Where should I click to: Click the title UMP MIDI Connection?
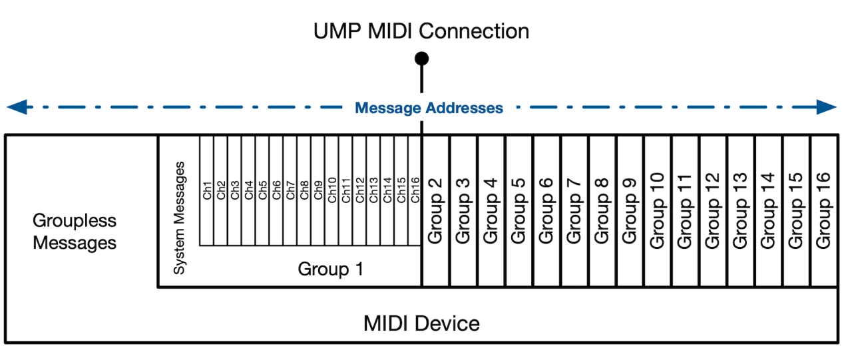(421, 31)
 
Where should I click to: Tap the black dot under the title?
(421, 59)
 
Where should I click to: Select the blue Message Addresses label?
(429, 108)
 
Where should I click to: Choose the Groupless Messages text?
(75, 232)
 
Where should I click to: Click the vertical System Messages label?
(179, 218)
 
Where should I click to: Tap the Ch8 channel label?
(304, 190)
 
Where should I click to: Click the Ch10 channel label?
(332, 190)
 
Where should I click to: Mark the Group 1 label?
(331, 270)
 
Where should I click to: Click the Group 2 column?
(435, 211)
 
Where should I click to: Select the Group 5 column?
(519, 211)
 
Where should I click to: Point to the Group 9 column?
(630, 211)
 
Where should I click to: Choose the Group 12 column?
(713, 211)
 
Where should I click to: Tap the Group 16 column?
(824, 211)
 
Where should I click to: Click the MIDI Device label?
(421, 324)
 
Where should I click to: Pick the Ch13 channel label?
(373, 190)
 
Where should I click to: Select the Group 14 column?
(768, 211)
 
